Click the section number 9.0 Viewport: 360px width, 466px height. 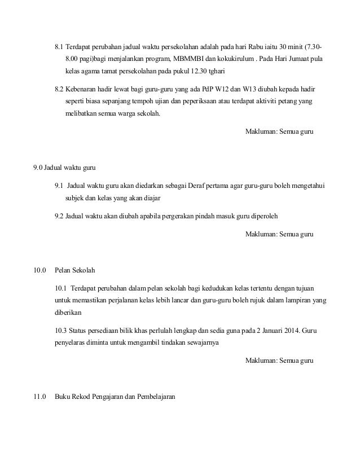pos(38,168)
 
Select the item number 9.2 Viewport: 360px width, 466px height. pos(59,216)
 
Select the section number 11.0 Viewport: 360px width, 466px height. pos(39,396)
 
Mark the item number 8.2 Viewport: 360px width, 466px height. pos(59,90)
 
